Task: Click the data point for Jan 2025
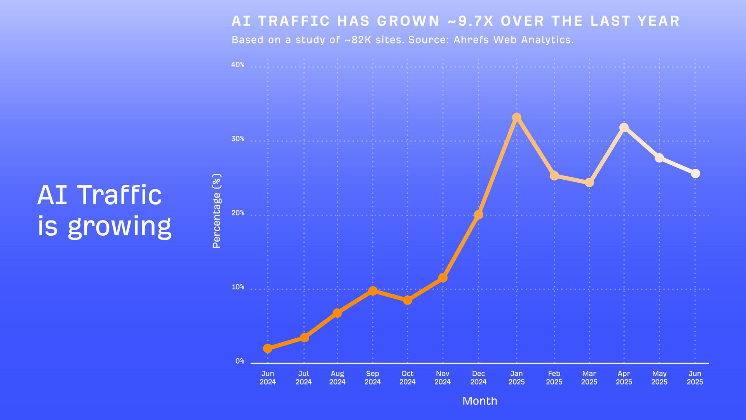pos(516,117)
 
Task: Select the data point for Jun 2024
pos(268,348)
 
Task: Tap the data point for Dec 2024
pos(479,215)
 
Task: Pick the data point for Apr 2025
pos(624,128)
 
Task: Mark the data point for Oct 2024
pos(408,300)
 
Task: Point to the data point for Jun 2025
pos(695,173)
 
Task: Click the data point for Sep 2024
pos(373,291)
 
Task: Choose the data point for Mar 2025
pos(589,182)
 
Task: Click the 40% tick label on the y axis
pos(238,65)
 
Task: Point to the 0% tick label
pos(240,361)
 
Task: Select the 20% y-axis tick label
pos(238,213)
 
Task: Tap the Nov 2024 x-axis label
pos(443,378)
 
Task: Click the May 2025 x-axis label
pos(659,378)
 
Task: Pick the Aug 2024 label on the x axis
pos(337,378)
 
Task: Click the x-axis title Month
pos(480,401)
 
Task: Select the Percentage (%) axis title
pos(216,211)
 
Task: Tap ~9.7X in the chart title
pos(471,21)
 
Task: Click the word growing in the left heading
pos(120,226)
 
